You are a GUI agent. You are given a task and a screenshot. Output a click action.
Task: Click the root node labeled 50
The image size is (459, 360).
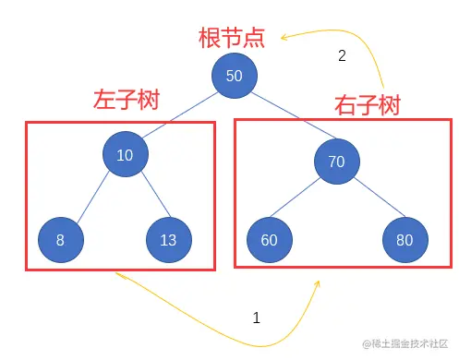click(x=234, y=76)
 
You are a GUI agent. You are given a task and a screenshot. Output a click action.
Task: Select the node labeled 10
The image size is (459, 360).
click(x=125, y=154)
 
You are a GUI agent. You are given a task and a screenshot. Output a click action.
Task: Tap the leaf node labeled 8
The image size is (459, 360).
click(x=60, y=240)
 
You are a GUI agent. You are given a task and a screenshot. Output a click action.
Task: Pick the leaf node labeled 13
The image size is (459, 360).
click(x=168, y=240)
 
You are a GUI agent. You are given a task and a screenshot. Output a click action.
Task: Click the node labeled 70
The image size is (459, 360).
click(x=336, y=162)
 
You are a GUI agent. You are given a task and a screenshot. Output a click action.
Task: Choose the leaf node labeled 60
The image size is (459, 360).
click(x=269, y=241)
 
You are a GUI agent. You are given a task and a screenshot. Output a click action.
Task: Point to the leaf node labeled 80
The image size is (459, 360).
click(x=405, y=241)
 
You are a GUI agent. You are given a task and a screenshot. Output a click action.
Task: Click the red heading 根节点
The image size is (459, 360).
click(x=232, y=38)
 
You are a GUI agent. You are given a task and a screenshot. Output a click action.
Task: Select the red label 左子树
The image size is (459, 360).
click(x=127, y=100)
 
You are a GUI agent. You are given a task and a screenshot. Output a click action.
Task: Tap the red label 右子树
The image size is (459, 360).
click(x=367, y=105)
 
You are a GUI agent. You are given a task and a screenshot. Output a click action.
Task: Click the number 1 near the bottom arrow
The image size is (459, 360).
click(x=257, y=318)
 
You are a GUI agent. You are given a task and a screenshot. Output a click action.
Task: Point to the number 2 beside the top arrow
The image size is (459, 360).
click(x=342, y=55)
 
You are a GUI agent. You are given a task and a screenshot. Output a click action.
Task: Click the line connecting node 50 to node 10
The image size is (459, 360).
click(x=179, y=114)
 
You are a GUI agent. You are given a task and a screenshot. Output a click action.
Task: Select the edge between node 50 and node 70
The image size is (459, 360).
click(x=285, y=119)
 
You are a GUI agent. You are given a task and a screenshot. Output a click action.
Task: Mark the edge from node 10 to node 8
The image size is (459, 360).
click(x=91, y=198)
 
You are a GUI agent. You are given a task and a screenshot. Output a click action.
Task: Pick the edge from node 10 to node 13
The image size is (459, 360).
click(x=147, y=198)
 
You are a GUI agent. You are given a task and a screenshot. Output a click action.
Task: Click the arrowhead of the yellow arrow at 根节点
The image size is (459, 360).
click(x=286, y=38)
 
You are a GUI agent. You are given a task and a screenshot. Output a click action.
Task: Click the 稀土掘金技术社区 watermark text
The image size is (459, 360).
click(x=405, y=343)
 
